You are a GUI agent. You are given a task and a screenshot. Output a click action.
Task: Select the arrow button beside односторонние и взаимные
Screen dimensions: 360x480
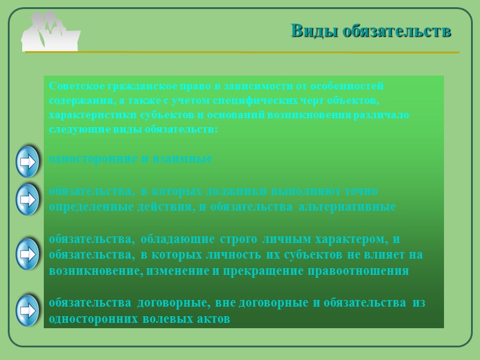click(x=27, y=161)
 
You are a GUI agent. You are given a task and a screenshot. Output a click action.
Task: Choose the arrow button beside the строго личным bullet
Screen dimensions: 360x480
click(x=27, y=254)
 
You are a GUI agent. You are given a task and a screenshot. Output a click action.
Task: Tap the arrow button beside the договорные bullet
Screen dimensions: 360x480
click(x=27, y=310)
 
